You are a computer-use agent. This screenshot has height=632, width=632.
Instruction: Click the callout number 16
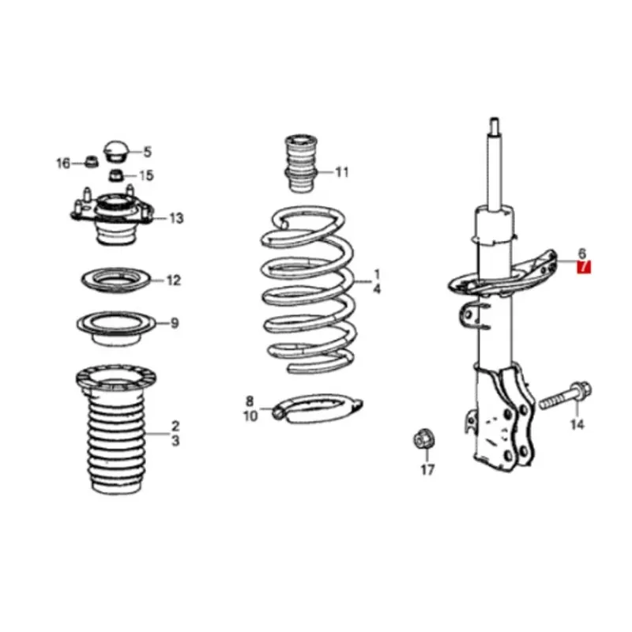(63, 164)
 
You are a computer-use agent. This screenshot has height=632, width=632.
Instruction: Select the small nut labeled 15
(115, 175)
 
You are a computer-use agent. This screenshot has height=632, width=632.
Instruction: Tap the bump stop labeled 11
(300, 164)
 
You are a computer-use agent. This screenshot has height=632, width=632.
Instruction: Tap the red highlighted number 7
(584, 269)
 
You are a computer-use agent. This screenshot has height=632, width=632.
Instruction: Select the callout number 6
(582, 254)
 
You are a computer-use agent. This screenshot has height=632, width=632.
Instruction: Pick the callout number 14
(577, 426)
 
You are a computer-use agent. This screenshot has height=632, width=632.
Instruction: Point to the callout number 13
(175, 218)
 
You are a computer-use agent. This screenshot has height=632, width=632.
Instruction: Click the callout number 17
(427, 471)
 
